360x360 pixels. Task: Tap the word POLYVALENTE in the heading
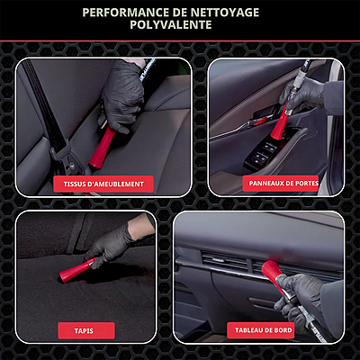pyautogui.click(x=171, y=25)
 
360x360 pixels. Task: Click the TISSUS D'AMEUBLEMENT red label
pyautogui.click(x=103, y=184)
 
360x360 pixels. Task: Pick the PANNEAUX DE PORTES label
pyautogui.click(x=281, y=183)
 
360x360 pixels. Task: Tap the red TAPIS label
pyautogui.click(x=86, y=331)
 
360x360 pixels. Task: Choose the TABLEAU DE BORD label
pyautogui.click(x=260, y=330)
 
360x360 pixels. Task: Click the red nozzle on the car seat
pyautogui.click(x=102, y=148)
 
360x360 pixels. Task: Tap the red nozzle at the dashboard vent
pyautogui.click(x=272, y=274)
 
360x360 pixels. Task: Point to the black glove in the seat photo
pyautogui.click(x=123, y=93)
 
